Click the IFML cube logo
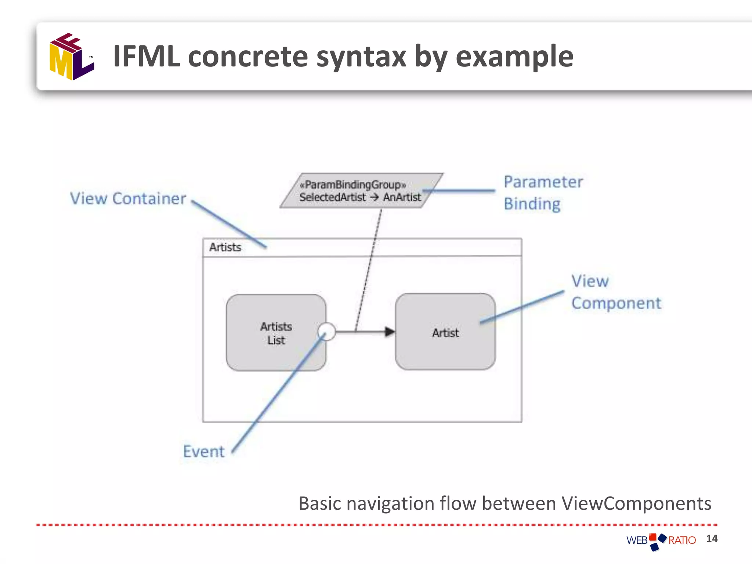pos(72,57)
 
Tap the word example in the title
pos(514,57)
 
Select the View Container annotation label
pos(128,199)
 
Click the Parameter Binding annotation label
pos(543,193)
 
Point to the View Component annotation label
pos(616,292)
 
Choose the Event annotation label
pos(203,451)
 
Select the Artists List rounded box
pos(276,333)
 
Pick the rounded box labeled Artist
pos(445,332)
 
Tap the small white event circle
pos(326,332)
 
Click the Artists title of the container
pos(225,247)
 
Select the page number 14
pos(712,539)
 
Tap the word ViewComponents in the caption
pos(636,503)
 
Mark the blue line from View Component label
pos(521,307)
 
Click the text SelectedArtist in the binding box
pos(332,198)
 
